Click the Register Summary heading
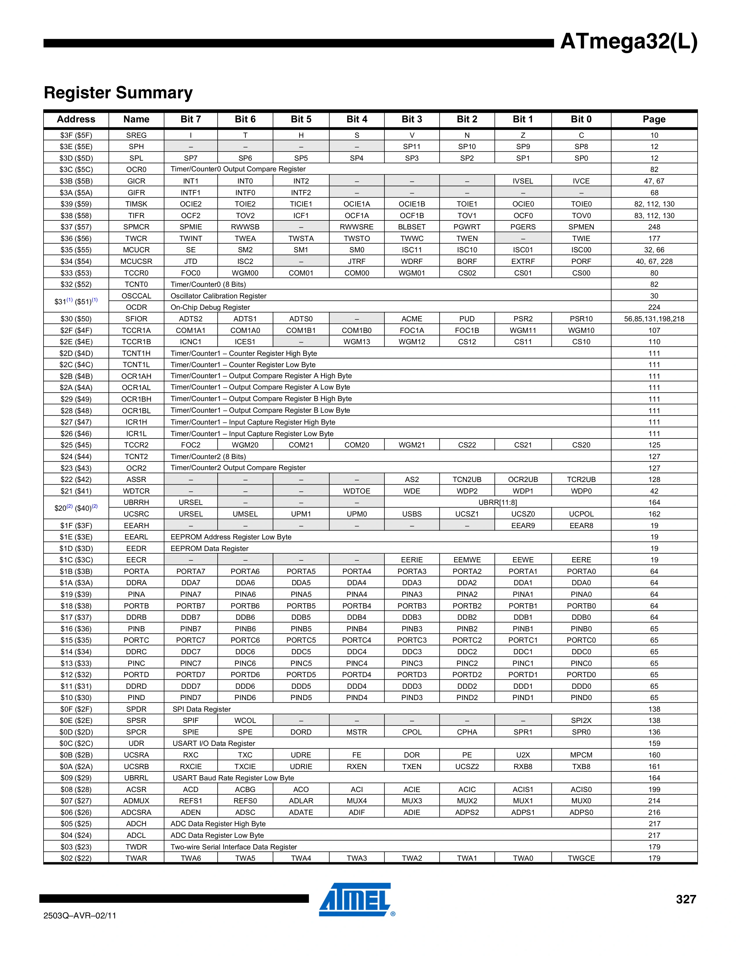pyautogui.click(x=118, y=93)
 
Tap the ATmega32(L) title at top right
pyautogui.click(x=628, y=42)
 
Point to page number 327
pyautogui.click(x=686, y=899)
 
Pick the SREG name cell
pyautogui.click(x=136, y=135)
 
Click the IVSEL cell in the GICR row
pyautogui.click(x=523, y=181)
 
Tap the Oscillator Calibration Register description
pyautogui.click(x=218, y=296)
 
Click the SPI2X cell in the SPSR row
pyautogui.click(x=581, y=720)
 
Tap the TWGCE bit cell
pyautogui.click(x=581, y=858)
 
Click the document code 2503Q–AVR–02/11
pyautogui.click(x=80, y=915)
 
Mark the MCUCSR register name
pyautogui.click(x=136, y=261)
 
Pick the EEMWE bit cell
pyautogui.click(x=467, y=560)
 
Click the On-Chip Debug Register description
pyautogui.click(x=210, y=307)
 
